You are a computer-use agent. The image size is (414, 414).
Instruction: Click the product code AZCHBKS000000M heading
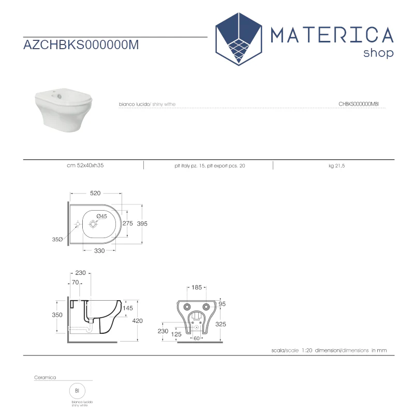coord(81,45)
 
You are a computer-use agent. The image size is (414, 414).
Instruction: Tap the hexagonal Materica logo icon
coord(239,39)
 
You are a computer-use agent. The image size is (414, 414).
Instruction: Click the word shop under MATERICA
coord(378,53)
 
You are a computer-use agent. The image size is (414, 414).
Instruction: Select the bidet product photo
coord(64,110)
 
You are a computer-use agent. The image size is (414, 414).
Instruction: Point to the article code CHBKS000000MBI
coord(359,104)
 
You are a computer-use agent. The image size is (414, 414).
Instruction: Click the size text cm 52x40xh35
coord(85,166)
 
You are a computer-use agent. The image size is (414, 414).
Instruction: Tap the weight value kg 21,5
coord(337,166)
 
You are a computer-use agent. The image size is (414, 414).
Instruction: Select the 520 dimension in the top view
coord(95,193)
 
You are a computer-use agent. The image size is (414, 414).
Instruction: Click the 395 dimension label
coord(142,224)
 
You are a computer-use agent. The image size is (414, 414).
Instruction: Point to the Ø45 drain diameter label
coord(101,216)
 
